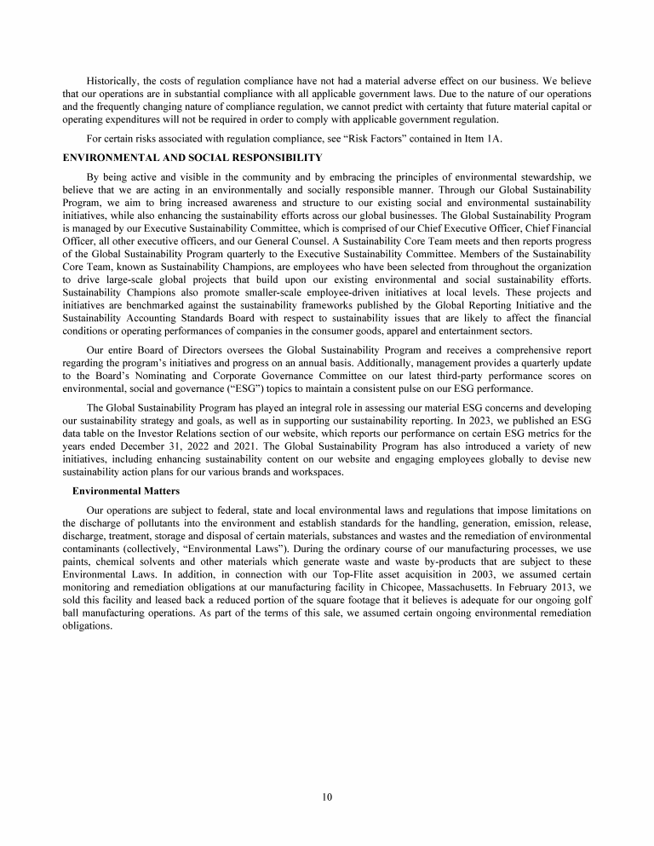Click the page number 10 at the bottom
click(327, 797)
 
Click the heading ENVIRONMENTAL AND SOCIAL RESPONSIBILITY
click(192, 157)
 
